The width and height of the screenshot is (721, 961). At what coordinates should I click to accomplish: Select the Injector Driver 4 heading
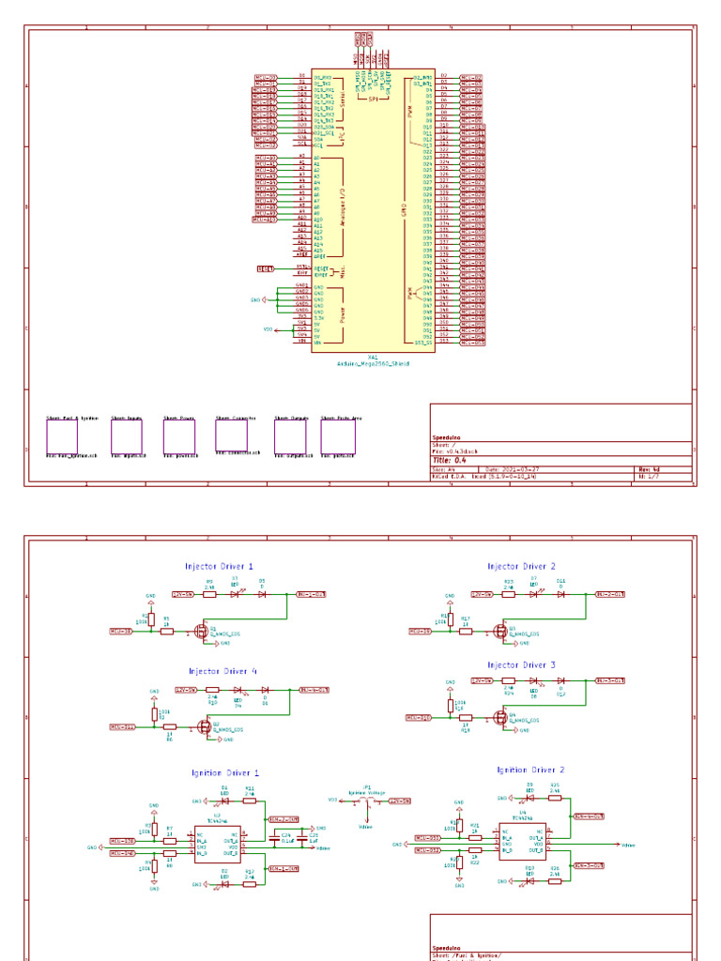[222, 671]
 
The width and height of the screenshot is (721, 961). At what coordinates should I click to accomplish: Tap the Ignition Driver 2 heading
[529, 770]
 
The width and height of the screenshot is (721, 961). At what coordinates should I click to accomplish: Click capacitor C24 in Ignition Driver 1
[286, 838]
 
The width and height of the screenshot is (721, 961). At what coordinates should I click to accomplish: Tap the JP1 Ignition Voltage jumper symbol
[366, 801]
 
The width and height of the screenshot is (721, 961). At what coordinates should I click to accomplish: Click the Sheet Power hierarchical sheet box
[178, 436]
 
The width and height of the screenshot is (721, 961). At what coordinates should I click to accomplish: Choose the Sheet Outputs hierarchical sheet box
[289, 436]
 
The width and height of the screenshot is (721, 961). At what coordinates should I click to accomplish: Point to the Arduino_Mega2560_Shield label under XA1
[373, 363]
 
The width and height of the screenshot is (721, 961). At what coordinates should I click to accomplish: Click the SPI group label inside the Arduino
[373, 97]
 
